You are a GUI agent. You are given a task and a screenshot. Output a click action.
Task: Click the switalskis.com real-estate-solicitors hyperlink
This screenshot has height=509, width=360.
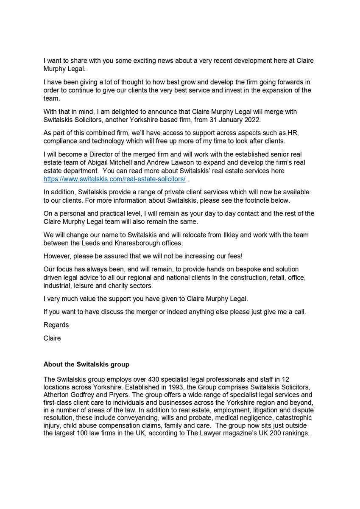point(114,179)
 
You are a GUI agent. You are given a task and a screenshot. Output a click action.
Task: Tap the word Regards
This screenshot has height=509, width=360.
point(56,325)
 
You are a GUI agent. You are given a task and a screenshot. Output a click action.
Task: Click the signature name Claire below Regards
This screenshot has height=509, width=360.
point(52,338)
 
